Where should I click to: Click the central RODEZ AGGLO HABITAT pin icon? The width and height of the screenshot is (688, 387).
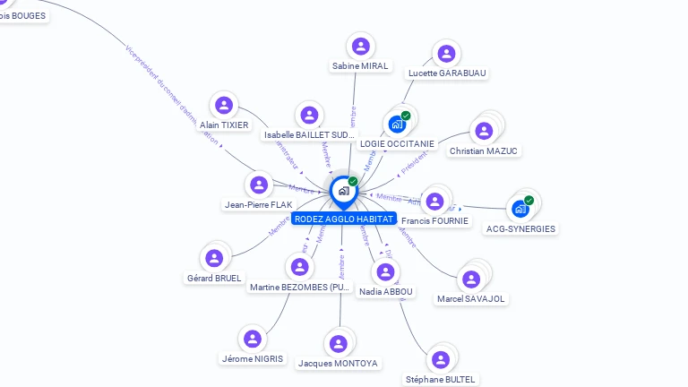342,191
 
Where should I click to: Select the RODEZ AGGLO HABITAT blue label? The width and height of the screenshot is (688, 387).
344,219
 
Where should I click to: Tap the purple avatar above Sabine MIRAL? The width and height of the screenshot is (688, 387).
360,46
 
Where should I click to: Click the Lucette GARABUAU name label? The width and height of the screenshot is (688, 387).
448,73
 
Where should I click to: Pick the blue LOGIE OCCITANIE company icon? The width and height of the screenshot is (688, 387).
396,125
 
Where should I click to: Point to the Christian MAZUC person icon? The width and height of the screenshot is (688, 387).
484,131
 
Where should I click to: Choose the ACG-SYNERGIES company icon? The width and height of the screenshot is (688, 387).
520,209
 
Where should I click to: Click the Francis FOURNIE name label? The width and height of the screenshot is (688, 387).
434,220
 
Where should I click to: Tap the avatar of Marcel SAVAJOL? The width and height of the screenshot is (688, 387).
471,279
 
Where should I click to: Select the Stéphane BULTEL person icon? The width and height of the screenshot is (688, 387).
440,359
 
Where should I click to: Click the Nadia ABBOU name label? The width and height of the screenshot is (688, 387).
386,291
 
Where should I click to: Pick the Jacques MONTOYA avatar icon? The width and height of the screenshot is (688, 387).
338,344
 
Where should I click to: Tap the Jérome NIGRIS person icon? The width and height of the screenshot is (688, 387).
253,339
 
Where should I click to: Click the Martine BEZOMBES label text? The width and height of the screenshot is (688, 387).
298,288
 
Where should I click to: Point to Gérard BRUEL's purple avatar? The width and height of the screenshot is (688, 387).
213,259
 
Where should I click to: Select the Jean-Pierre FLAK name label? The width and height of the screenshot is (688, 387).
258,204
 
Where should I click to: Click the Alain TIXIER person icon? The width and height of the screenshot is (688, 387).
224,106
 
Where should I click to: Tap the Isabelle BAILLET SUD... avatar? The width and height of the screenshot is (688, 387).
309,115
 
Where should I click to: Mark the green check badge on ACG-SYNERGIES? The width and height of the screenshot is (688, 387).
529,201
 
